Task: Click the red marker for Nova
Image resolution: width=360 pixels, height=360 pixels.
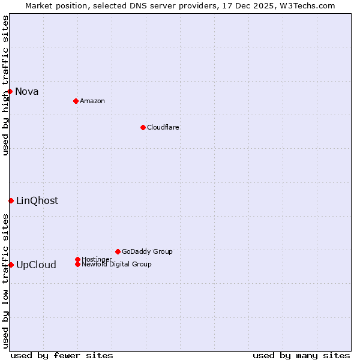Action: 10,91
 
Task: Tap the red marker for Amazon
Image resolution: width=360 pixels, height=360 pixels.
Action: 76,101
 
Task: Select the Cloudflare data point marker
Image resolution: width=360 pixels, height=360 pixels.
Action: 143,127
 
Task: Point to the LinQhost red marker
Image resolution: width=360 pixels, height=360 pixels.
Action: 11,200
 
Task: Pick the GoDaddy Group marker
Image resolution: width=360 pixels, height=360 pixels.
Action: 118,251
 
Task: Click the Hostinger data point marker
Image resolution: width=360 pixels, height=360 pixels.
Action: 77,259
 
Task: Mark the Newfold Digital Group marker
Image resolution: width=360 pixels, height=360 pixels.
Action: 77,264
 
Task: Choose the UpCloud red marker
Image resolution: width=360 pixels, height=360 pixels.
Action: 11,265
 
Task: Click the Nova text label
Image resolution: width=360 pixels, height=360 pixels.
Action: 27,91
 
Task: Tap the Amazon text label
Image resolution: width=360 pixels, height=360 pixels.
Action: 92,101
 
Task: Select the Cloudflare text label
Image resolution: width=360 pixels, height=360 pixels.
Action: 163,127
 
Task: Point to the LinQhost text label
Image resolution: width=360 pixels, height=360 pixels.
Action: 37,200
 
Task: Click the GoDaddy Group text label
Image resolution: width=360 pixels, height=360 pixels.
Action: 147,251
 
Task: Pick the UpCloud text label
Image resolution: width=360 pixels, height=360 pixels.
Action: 36,265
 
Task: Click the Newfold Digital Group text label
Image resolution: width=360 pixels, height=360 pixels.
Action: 116,264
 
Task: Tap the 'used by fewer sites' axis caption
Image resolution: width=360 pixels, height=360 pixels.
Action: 62,355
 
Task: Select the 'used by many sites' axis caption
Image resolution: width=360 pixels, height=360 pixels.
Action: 301,355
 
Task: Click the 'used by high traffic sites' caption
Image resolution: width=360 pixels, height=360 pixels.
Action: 5,86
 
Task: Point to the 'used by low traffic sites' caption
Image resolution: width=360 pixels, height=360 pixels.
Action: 5,280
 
